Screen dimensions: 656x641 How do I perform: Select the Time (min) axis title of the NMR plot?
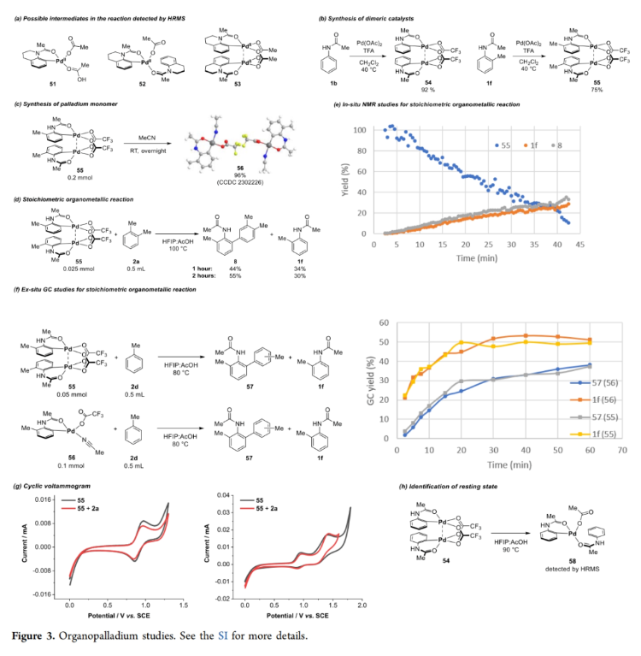pos(477,256)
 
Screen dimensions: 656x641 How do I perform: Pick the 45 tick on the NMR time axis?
pos(579,245)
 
